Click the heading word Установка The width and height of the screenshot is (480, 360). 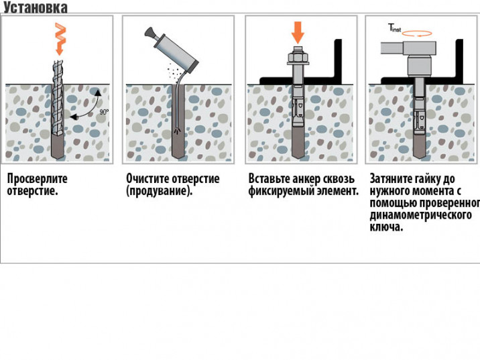(x=36, y=7)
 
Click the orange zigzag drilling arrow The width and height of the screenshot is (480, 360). (x=60, y=39)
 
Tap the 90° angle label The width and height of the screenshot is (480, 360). (x=104, y=112)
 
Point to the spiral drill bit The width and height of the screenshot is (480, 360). (x=58, y=98)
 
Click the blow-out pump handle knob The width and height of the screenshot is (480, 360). (x=149, y=32)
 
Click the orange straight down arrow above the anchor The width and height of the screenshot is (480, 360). (x=298, y=33)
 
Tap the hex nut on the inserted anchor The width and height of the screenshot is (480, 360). (x=298, y=57)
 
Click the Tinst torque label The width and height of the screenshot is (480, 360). (x=394, y=28)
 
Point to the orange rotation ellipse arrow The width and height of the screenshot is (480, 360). (x=417, y=34)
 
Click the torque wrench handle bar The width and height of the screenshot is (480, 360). (x=392, y=48)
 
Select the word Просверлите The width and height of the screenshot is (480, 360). (x=37, y=179)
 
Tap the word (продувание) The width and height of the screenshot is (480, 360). (x=159, y=191)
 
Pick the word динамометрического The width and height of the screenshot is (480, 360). (x=421, y=215)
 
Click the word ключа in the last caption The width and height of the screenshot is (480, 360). (x=386, y=227)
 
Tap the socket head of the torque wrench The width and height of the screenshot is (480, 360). (x=419, y=66)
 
